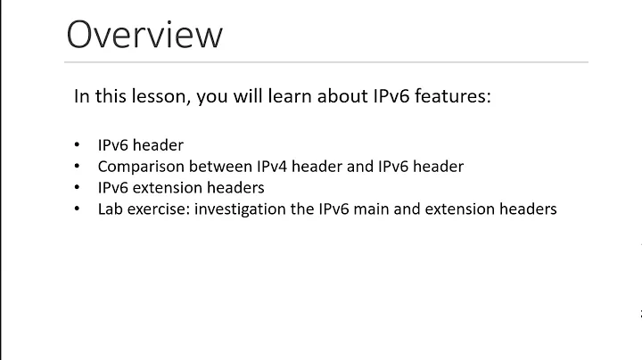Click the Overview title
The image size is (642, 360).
pyautogui.click(x=144, y=35)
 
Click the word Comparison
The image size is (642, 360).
pyautogui.click(x=137, y=167)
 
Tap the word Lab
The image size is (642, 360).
pyautogui.click(x=110, y=210)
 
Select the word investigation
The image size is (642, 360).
pyautogui.click(x=236, y=210)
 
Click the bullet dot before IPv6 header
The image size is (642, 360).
pyautogui.click(x=78, y=145)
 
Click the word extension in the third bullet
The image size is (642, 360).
pyautogui.click(x=167, y=188)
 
